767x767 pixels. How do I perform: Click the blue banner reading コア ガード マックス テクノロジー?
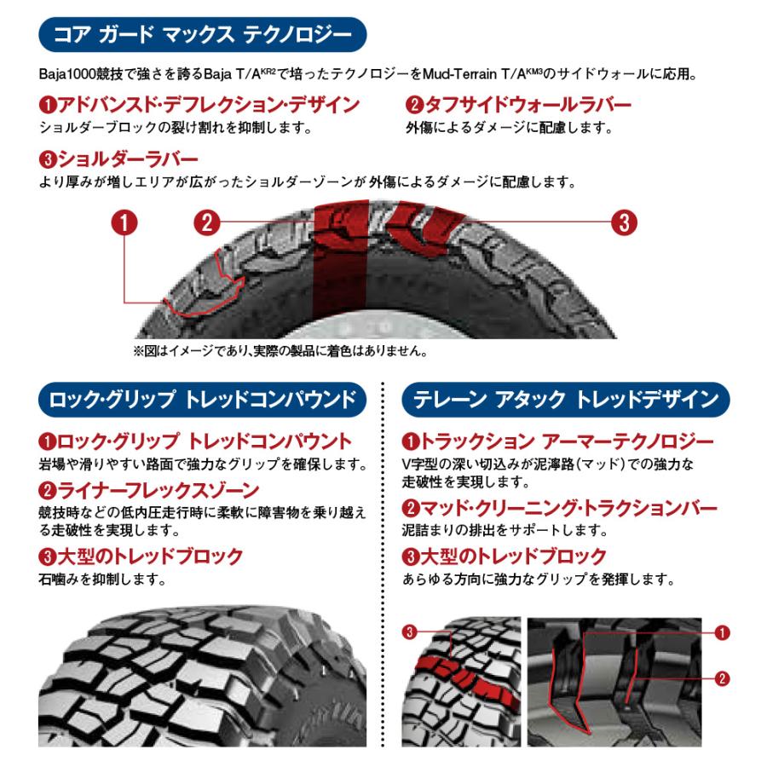point(203,36)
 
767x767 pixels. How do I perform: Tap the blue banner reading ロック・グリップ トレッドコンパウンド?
point(203,398)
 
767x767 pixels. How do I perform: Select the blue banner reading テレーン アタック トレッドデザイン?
point(566,398)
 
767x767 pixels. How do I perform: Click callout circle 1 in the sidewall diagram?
point(124,223)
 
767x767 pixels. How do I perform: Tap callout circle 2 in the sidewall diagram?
point(207,223)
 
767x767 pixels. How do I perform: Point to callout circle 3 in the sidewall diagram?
point(625,223)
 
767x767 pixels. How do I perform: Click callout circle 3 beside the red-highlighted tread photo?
point(410,631)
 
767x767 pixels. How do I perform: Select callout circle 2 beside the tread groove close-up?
point(722,678)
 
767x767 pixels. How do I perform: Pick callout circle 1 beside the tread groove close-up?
point(722,631)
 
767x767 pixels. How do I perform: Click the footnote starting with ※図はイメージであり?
point(280,350)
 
